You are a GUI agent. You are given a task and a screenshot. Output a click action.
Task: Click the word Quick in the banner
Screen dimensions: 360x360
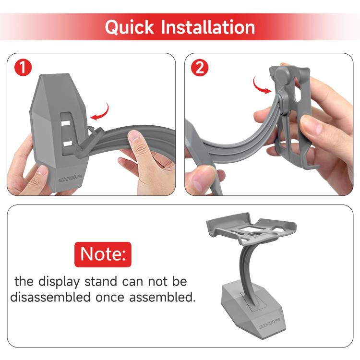pyautogui.click(x=129, y=27)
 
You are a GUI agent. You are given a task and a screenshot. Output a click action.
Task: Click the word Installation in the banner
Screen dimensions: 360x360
pyautogui.click(x=208, y=27)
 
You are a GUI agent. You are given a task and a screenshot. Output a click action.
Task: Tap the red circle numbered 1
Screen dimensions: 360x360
pyautogui.click(x=23, y=68)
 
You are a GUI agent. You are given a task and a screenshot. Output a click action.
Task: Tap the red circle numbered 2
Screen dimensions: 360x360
pyautogui.click(x=200, y=68)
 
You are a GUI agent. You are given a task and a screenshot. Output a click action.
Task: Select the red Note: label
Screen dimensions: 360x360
pyautogui.click(x=103, y=254)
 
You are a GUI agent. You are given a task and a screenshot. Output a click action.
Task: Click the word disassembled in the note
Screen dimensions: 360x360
pyautogui.click(x=50, y=297)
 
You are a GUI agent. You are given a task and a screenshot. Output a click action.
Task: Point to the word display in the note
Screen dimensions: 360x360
pyautogui.click(x=59, y=282)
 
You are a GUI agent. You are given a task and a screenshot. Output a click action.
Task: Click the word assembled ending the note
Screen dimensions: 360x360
pyautogui.click(x=162, y=297)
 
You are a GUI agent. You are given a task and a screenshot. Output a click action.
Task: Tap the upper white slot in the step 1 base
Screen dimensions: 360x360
pyautogui.click(x=66, y=123)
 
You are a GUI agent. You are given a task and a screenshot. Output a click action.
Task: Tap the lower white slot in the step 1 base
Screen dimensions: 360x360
pyautogui.click(x=68, y=144)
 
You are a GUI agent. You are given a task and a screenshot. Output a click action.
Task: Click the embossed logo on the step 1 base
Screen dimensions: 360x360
pyautogui.click(x=70, y=179)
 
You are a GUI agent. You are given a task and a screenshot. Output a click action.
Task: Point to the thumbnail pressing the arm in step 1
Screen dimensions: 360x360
pyautogui.click(x=134, y=136)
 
